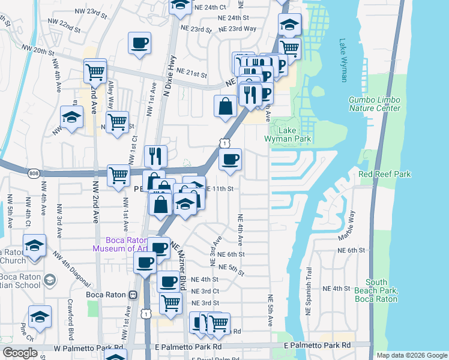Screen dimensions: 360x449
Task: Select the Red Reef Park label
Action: (384, 174)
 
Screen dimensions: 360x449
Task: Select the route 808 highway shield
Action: (34, 173)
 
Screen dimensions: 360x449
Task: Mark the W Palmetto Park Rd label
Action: (87, 348)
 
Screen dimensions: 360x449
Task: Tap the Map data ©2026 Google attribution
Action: (412, 355)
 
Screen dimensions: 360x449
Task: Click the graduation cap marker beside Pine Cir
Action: (40, 317)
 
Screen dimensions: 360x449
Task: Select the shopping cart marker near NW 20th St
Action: (95, 71)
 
